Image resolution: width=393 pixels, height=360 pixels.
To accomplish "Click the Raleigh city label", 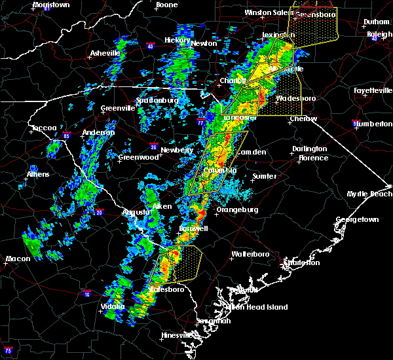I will point(379,34).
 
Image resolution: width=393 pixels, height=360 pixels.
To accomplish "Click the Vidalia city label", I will point(113,306).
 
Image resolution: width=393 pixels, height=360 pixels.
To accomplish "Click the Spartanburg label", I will point(157,100).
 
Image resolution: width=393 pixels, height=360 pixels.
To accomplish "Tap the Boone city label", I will point(166,5).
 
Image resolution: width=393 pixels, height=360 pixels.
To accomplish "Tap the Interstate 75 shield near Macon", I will point(7,348).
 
